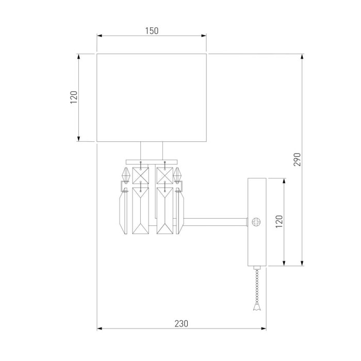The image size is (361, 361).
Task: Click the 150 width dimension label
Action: pos(151,30)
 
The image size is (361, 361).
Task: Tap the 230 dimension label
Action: pos(181,324)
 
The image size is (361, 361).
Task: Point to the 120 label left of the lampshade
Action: pos(73,97)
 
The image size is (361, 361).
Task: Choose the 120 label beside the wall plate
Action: pos(278,222)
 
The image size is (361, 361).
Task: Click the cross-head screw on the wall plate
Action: pos(256,222)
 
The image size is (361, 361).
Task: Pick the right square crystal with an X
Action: pos(163,175)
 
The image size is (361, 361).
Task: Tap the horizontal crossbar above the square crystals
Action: pos(152,159)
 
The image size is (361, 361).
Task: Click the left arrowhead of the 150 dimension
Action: pos(100,36)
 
